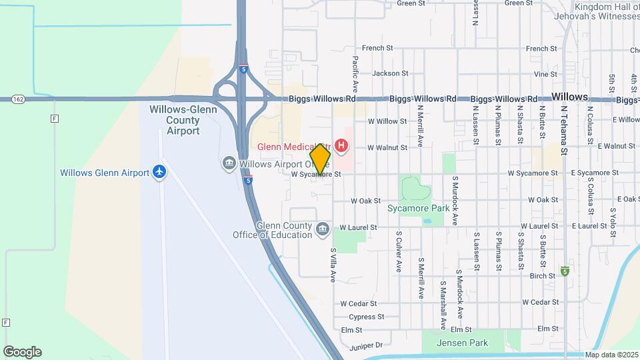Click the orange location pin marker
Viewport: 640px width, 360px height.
click(x=321, y=159)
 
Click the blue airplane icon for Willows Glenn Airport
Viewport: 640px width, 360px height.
click(x=159, y=172)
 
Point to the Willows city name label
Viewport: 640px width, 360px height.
click(x=570, y=97)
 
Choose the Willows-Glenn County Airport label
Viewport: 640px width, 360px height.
click(x=175, y=120)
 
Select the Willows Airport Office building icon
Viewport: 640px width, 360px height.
click(x=229, y=163)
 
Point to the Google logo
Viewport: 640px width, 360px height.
click(x=22, y=351)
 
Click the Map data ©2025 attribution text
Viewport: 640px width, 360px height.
click(x=611, y=355)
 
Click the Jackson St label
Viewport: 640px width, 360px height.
click(x=390, y=73)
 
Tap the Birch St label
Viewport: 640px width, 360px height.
click(x=542, y=275)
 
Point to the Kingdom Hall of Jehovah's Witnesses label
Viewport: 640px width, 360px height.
click(x=595, y=11)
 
